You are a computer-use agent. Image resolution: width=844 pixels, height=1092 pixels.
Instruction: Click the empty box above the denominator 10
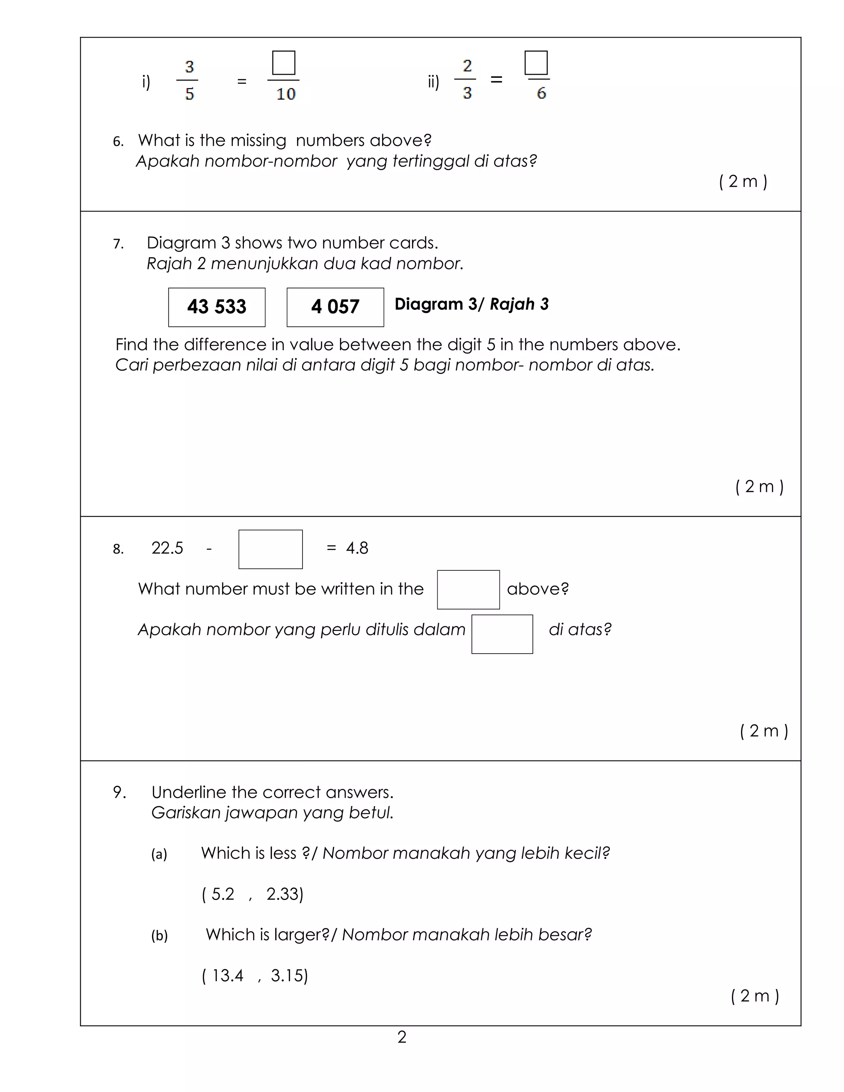pos(284,63)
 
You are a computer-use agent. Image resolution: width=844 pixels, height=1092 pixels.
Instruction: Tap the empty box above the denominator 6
pos(536,63)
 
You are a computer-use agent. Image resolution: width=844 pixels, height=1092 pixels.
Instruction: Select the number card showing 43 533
pos(216,307)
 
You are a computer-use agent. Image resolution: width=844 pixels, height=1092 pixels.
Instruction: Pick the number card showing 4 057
pos(335,307)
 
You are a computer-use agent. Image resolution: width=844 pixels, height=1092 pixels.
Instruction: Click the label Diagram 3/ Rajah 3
pos(471,304)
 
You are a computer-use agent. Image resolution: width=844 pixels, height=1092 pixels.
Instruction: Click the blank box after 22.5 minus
pos(270,549)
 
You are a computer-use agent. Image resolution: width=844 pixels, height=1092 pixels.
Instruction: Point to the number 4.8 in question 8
pos(357,548)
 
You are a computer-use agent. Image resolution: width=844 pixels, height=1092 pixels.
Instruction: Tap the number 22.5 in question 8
pos(167,548)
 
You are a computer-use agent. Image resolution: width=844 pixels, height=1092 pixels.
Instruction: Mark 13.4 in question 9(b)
pos(227,975)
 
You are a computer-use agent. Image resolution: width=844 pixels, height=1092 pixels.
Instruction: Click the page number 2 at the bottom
pos(401,1037)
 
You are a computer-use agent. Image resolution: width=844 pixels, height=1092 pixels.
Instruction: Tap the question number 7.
pos(118,244)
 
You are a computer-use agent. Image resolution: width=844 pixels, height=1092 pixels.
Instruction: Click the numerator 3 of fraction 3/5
pos(190,66)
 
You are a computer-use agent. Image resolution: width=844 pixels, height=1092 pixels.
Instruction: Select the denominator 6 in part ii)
pos(541,93)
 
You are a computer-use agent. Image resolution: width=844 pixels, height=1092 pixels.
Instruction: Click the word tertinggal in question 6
pos(431,161)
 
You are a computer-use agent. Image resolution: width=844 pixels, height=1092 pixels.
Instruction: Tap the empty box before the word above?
pos(468,590)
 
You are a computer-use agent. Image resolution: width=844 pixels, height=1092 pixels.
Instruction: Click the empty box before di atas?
pos(502,634)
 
